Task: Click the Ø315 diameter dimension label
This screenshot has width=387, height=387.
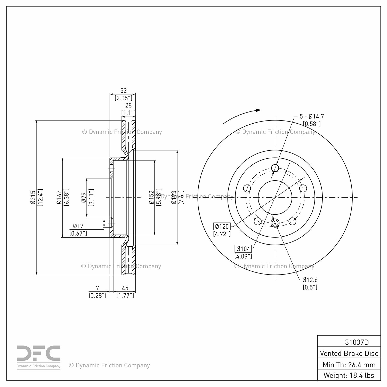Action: pos(33,198)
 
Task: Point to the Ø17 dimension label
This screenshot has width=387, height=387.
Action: pos(78,226)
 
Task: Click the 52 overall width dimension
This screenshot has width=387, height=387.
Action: pos(123,91)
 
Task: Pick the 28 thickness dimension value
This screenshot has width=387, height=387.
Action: pos(128,105)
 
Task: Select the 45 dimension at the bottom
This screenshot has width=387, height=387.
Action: pos(125,288)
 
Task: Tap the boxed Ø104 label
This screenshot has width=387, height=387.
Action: pos(243,249)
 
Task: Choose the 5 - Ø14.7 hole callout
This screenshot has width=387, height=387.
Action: pos(312,116)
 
